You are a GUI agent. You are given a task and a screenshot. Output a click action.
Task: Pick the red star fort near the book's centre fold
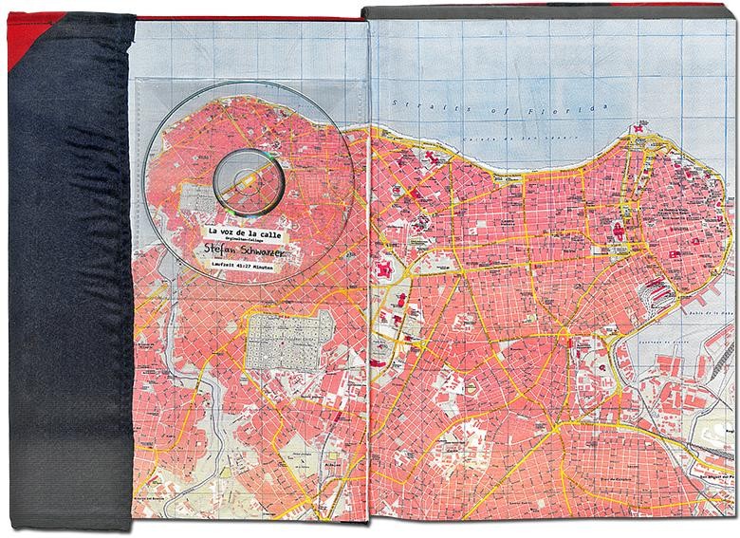(x=384, y=270)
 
